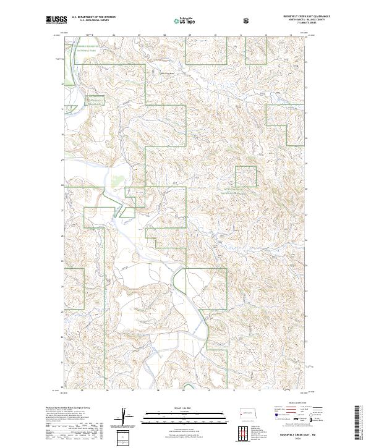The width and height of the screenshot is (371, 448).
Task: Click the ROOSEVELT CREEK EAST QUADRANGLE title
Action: pyautogui.click(x=289, y=17)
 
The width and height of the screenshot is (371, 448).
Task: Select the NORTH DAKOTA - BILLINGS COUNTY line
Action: pyautogui.click(x=289, y=21)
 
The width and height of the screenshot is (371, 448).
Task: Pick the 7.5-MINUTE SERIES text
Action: pyautogui.click(x=289, y=24)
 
